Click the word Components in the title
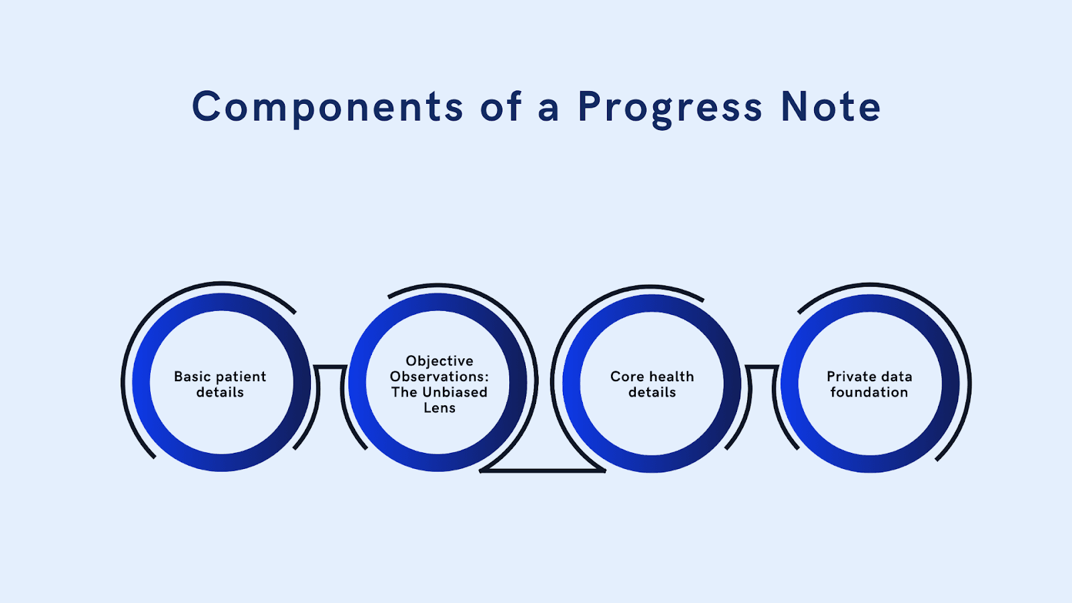coord(328,107)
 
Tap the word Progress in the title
coord(670,107)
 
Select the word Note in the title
coord(831,107)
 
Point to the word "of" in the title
coord(500,107)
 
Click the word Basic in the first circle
coord(192,377)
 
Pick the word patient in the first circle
coord(241,377)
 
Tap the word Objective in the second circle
coord(440,361)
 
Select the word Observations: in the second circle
coord(440,377)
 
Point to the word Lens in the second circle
coord(440,408)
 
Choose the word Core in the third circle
coord(627,377)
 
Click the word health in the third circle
coord(672,377)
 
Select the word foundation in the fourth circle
coord(869,393)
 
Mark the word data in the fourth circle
coord(896,377)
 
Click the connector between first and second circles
coord(330,367)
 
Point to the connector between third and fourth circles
coord(762,367)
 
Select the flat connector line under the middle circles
coord(543,471)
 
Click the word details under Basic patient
coord(220,393)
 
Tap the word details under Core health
coord(652,393)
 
